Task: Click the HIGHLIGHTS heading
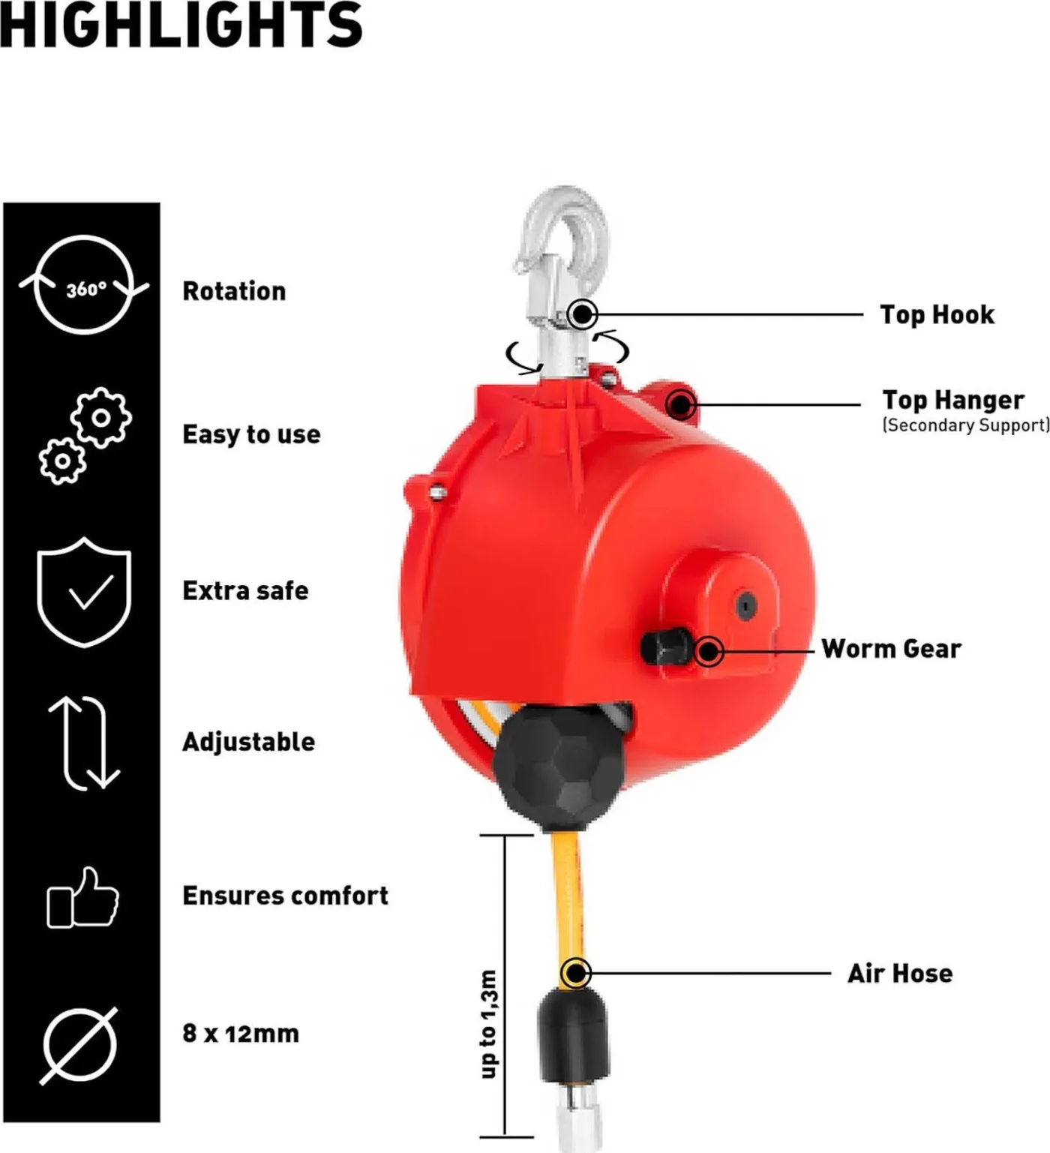[181, 24]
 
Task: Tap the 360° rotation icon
[84, 284]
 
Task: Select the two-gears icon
[85, 436]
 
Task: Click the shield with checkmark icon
[84, 592]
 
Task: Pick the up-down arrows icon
[84, 743]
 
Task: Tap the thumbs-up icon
[83, 897]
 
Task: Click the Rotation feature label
[234, 291]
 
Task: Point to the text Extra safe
[245, 590]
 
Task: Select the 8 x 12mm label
[241, 1033]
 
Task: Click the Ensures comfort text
[285, 895]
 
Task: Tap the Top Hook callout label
[937, 314]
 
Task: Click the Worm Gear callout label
[891, 649]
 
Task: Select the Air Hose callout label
[900, 974]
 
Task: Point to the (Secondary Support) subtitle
[965, 425]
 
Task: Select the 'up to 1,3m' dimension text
[488, 1024]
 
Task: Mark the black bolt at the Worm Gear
[666, 647]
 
